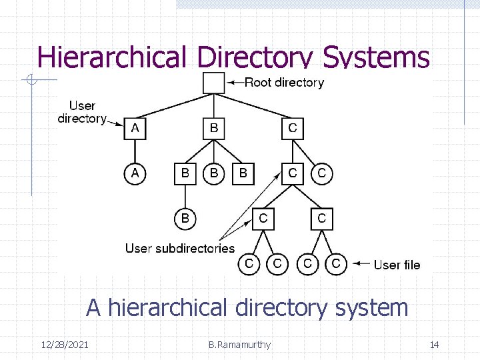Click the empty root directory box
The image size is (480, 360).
213,83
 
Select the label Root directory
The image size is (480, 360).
284,83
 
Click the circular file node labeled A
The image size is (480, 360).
135,173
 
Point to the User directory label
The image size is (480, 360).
82,112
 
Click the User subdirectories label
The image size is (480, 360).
180,248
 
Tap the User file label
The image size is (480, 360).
397,265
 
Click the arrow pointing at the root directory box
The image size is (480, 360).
235,83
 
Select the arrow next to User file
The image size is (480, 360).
361,264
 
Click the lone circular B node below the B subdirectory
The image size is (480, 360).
185,218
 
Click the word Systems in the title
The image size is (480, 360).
376,57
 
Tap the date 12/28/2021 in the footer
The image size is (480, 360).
64,345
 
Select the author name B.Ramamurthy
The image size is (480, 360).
239,345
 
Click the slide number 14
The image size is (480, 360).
434,345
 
